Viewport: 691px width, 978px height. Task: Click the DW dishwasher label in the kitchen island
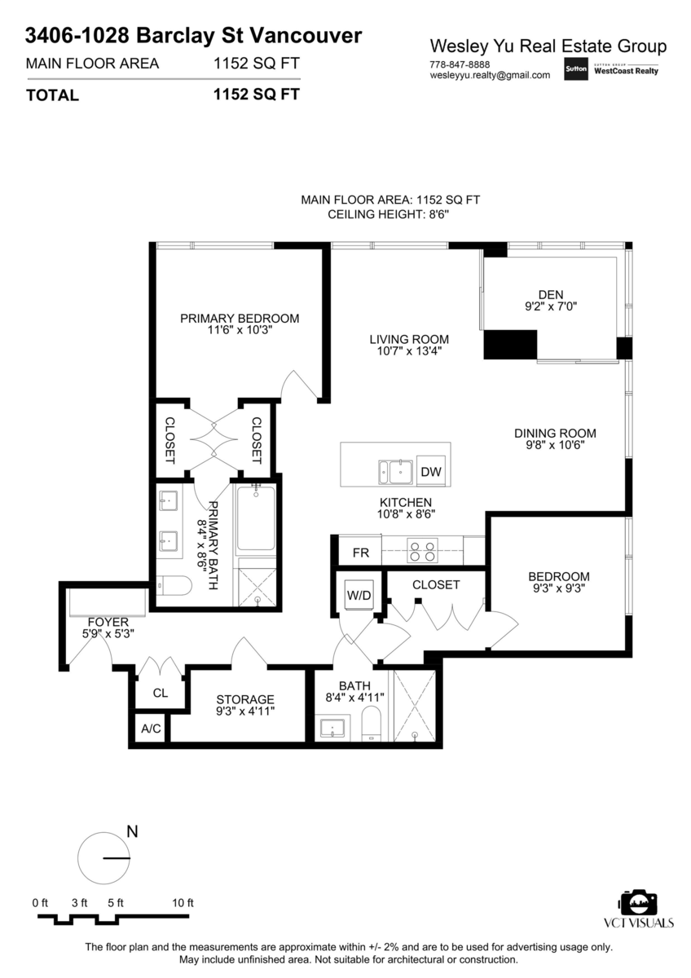431,472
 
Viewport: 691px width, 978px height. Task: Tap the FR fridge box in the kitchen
360,553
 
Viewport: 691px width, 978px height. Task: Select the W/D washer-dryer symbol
359,595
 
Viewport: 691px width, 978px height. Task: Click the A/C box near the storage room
151,729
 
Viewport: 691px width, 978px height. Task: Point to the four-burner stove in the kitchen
422,551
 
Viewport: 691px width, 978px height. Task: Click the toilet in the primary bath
174,586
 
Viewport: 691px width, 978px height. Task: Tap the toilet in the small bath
371,725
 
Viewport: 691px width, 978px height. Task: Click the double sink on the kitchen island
395,472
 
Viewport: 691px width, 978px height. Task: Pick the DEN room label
551,295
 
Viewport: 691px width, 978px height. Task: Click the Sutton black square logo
576,68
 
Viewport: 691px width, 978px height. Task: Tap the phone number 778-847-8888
460,64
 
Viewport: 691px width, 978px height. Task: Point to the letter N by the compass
132,832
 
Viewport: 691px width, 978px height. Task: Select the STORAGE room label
245,699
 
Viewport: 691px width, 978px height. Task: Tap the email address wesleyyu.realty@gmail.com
490,75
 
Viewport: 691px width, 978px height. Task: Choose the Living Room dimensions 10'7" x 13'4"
409,351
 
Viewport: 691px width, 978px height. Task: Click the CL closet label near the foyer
161,693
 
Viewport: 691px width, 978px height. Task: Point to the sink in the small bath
332,729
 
